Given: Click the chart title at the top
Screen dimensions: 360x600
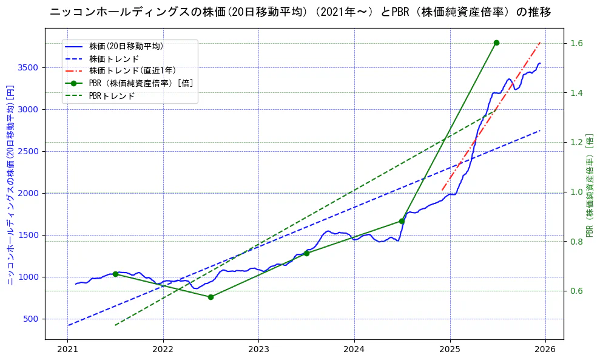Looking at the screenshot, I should tap(300, 12).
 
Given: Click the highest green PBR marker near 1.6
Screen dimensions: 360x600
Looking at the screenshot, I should tap(496, 42).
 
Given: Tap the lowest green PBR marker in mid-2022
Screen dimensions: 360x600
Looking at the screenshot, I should tap(211, 297).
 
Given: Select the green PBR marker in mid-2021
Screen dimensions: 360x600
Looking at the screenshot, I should tap(115, 274).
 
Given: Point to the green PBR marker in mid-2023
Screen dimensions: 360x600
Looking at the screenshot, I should tap(306, 253).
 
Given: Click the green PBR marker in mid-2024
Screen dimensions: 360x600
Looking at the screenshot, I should tap(402, 221).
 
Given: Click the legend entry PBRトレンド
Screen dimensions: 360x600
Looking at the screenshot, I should tap(112, 96).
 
